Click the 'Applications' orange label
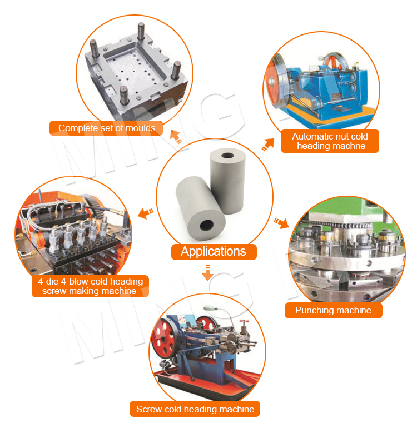point(214,251)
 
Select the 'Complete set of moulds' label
point(107,128)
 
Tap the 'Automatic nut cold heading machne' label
point(330,141)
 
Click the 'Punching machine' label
point(333,310)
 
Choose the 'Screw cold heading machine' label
point(195,409)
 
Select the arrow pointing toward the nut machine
point(267,145)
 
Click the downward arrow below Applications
point(207,273)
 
